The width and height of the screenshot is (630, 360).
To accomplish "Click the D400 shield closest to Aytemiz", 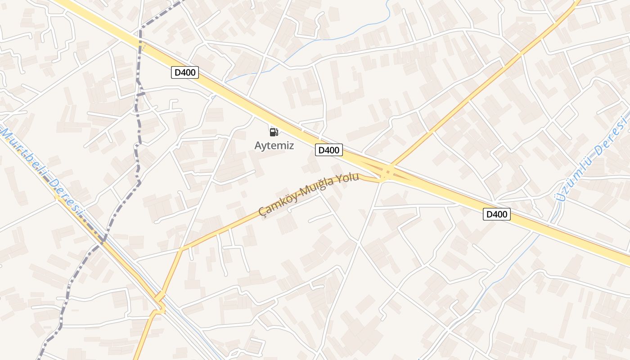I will [x=328, y=150].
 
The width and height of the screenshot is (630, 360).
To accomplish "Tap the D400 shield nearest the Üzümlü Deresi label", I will [x=497, y=214].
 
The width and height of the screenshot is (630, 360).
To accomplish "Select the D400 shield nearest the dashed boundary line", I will [x=185, y=72].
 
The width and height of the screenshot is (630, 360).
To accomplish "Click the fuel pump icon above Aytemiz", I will [x=274, y=132].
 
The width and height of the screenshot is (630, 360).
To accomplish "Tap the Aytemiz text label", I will [x=274, y=145].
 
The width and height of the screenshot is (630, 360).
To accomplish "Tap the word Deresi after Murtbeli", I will [x=66, y=198].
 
